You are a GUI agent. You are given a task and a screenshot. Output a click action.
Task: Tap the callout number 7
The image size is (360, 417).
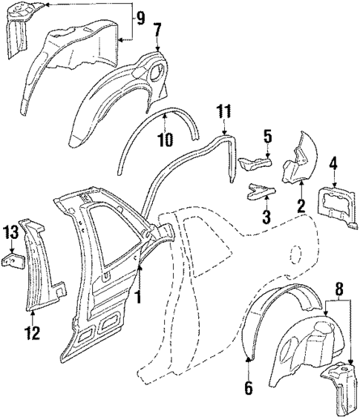click(x=156, y=29)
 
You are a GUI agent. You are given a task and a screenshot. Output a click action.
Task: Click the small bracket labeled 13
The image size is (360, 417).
click(x=13, y=261)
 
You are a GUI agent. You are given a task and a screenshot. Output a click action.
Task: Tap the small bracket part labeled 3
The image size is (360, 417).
click(x=257, y=191)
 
